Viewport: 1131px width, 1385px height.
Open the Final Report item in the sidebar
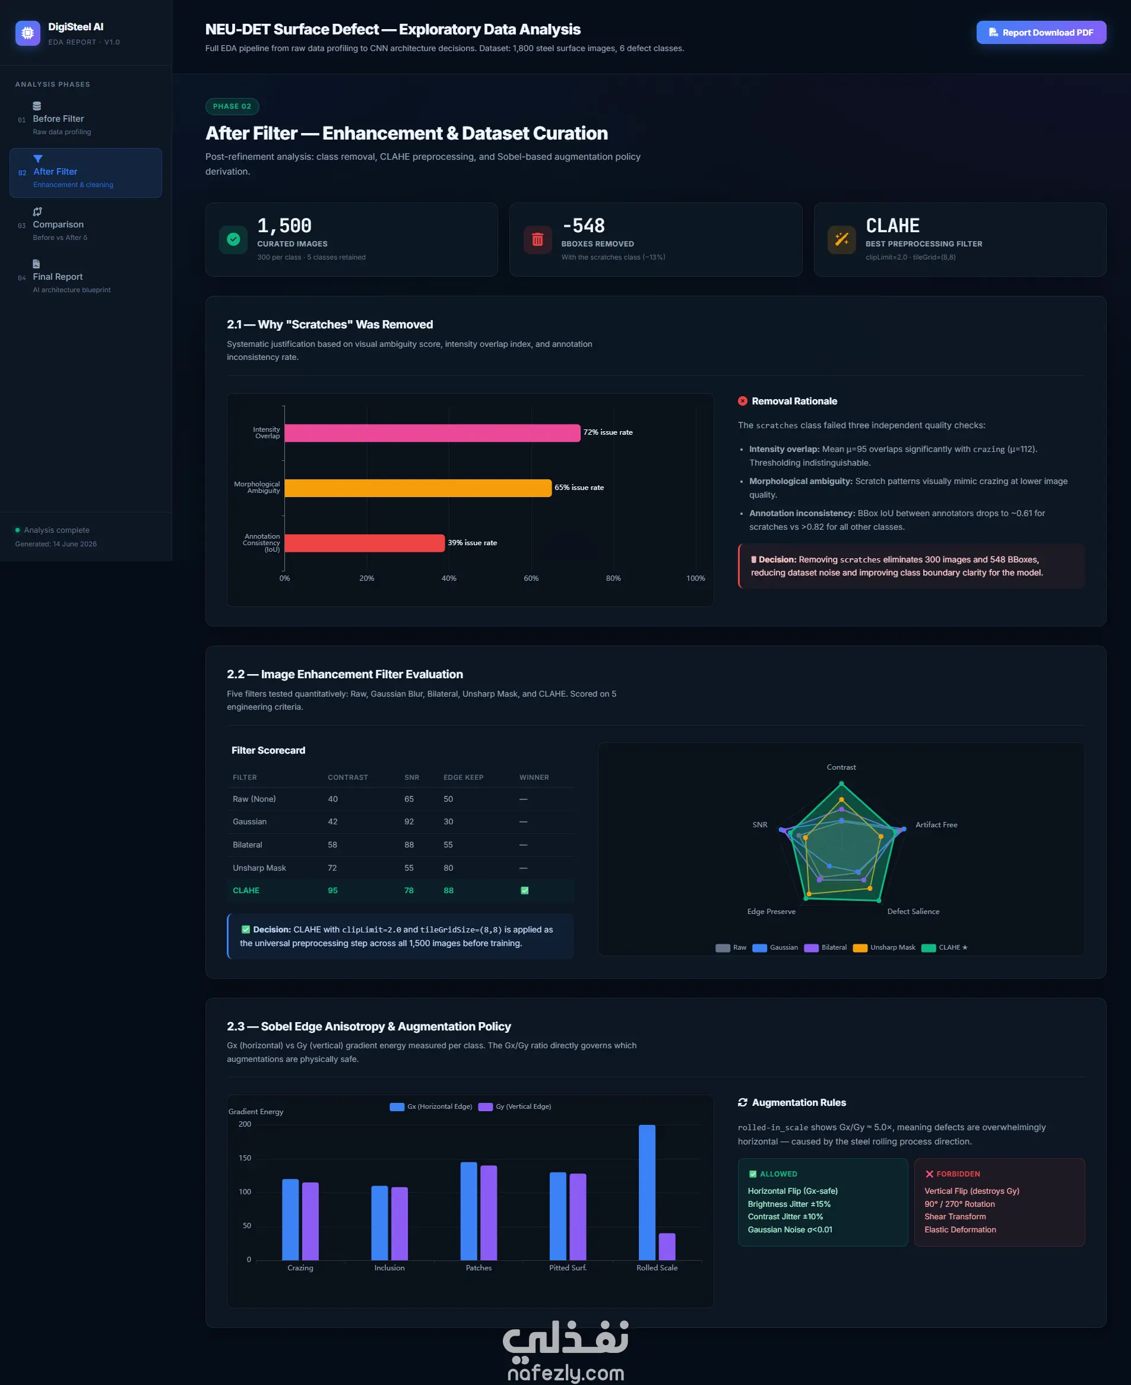coord(58,277)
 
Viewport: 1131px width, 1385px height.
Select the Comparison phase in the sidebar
coord(58,224)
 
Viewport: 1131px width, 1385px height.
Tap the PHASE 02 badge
coord(232,106)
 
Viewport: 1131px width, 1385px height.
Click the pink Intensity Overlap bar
coord(432,433)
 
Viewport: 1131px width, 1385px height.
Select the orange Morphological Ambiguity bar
coord(417,488)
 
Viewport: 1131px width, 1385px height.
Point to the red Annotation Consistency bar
coord(364,543)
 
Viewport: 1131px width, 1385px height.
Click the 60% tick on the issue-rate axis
coord(531,578)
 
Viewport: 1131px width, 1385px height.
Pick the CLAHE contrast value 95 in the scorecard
coord(332,890)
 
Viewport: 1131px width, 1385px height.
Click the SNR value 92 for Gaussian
coord(408,821)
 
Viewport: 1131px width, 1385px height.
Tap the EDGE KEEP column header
coord(463,777)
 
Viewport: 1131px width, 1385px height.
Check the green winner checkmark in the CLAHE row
coord(524,890)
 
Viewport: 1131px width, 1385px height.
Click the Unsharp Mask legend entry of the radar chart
coord(884,947)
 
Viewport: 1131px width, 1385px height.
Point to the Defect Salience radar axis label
coord(913,911)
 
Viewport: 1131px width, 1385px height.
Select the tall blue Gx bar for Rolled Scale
coord(647,1192)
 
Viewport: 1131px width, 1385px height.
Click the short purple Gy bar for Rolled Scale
coord(667,1246)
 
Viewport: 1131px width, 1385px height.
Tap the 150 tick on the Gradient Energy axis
coord(245,1158)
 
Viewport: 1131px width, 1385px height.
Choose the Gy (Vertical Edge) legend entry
coord(515,1106)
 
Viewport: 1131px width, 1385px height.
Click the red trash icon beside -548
coord(537,239)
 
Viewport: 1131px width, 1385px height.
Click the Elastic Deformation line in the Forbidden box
coord(959,1229)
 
